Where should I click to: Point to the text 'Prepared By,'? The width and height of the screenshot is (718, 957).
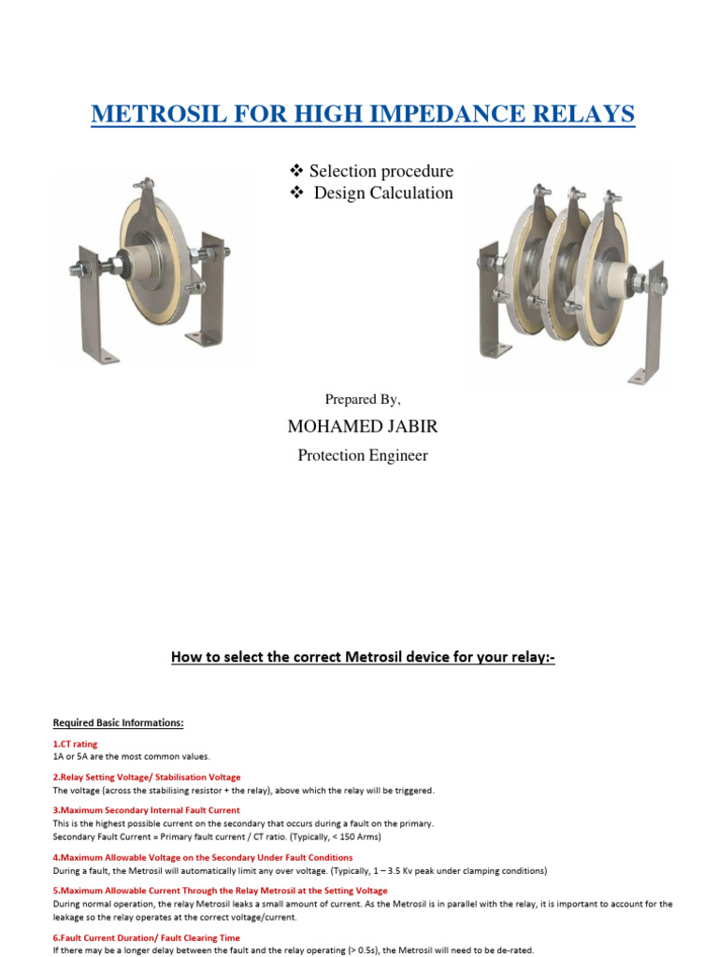pyautogui.click(x=363, y=399)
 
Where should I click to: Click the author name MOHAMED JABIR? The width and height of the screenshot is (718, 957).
pyautogui.click(x=362, y=427)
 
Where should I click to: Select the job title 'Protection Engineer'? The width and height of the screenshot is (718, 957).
pyautogui.click(x=362, y=455)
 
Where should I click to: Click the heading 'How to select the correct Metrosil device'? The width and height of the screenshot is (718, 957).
pyautogui.click(x=362, y=657)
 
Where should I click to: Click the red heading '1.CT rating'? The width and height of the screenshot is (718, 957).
pyautogui.click(x=75, y=744)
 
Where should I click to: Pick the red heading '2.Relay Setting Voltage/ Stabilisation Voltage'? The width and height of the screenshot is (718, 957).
pyautogui.click(x=147, y=777)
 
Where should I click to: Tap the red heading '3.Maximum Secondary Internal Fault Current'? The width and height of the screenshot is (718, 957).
pyautogui.click(x=146, y=809)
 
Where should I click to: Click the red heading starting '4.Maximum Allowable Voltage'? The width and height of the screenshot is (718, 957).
pyautogui.click(x=202, y=857)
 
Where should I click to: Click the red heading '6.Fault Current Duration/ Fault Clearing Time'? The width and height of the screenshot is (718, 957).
pyautogui.click(x=146, y=937)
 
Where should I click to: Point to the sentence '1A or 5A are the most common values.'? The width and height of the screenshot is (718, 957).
pyautogui.click(x=131, y=756)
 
